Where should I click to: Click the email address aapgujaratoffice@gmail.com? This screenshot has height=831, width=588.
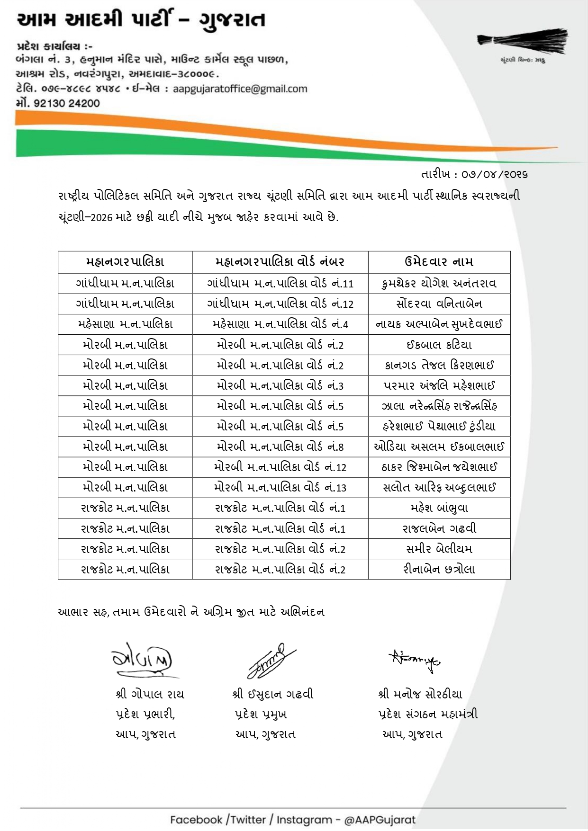click(240, 89)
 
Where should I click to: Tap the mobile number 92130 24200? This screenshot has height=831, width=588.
click(66, 103)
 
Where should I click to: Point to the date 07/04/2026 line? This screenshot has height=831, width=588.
click(474, 175)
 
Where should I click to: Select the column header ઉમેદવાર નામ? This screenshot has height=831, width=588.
click(439, 262)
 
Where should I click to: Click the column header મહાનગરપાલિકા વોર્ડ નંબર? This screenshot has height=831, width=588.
click(280, 262)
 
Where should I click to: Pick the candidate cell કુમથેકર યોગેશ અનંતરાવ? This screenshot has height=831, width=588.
click(439, 284)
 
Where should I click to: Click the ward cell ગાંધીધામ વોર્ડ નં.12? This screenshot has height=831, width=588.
click(280, 304)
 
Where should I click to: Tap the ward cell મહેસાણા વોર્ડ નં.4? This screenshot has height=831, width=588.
click(280, 324)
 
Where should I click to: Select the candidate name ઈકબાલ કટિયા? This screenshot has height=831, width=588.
click(439, 345)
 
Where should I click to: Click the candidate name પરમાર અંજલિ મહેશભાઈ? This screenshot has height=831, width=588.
click(439, 385)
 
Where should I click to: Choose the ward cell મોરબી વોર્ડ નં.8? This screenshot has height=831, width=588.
click(280, 447)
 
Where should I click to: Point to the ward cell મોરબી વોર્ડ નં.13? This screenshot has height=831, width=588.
click(280, 487)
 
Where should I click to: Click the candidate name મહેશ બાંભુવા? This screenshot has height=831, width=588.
click(439, 508)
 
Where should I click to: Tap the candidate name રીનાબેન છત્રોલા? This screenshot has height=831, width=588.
click(439, 569)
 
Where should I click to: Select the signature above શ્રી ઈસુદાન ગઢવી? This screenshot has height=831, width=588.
click(268, 660)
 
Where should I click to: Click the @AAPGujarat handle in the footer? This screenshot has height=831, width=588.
click(380, 820)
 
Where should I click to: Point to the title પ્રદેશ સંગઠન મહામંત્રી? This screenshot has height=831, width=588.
click(428, 714)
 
